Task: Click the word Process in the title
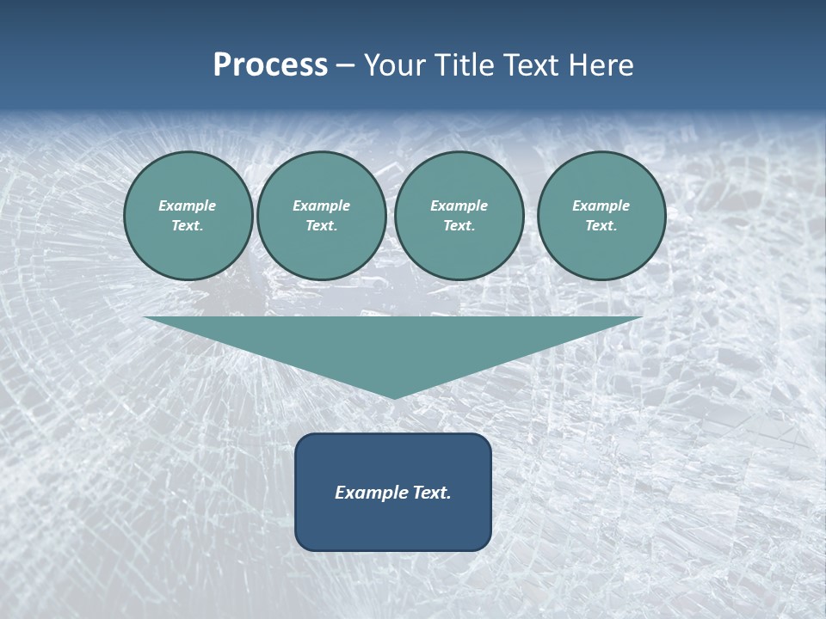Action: click(270, 65)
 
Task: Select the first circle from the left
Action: click(188, 216)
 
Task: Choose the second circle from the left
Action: click(322, 216)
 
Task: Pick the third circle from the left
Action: click(459, 216)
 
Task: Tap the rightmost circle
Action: click(601, 216)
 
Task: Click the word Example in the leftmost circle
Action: click(188, 205)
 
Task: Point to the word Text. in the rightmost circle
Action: click(601, 226)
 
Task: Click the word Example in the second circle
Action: click(322, 205)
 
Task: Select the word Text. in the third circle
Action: click(459, 226)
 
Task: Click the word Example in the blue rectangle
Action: click(368, 493)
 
